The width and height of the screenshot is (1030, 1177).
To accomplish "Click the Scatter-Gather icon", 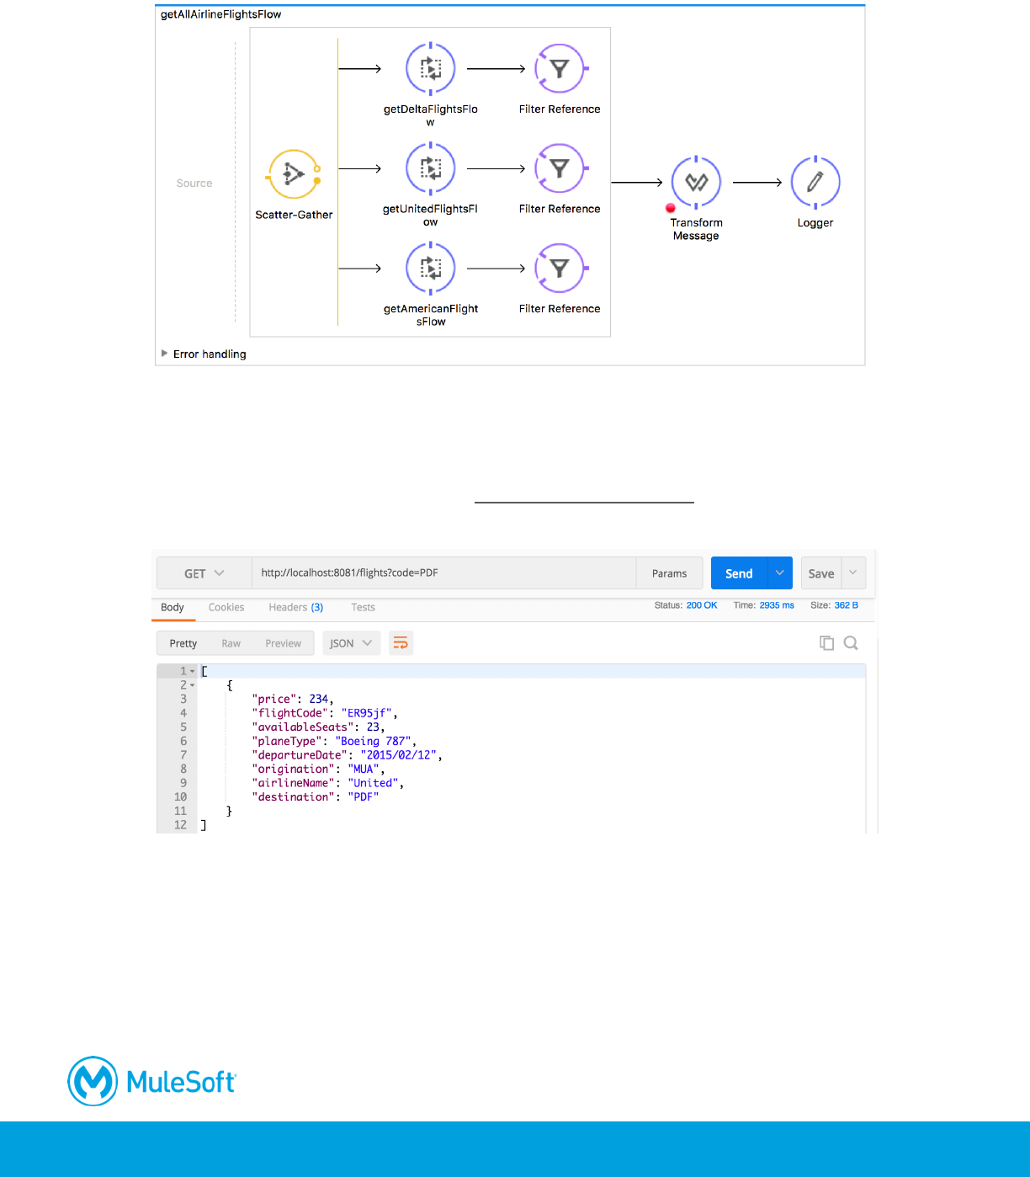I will pyautogui.click(x=294, y=175).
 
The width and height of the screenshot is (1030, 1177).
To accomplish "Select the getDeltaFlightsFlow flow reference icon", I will pyautogui.click(x=431, y=69).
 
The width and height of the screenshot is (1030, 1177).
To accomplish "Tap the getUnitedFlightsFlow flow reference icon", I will pyautogui.click(x=431, y=168).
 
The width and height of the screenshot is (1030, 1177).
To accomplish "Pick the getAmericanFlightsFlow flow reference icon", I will pyautogui.click(x=431, y=268).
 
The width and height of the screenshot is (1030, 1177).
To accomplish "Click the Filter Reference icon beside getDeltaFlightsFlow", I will pyautogui.click(x=560, y=69).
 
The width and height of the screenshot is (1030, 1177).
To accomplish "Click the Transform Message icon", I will pyautogui.click(x=696, y=182).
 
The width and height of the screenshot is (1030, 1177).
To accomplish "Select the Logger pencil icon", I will pyautogui.click(x=815, y=182).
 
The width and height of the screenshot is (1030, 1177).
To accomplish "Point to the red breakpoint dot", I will pyautogui.click(x=671, y=208).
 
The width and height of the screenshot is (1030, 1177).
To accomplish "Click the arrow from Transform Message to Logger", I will pyautogui.click(x=757, y=182).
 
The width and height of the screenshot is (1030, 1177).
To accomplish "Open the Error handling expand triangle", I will pyautogui.click(x=165, y=354).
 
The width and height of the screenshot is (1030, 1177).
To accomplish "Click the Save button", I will pyautogui.click(x=821, y=573).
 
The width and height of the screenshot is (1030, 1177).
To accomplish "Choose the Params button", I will pyautogui.click(x=669, y=573).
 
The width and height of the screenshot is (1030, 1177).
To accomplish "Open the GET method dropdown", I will pyautogui.click(x=204, y=573).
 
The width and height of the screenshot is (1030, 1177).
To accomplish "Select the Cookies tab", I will pyautogui.click(x=226, y=607).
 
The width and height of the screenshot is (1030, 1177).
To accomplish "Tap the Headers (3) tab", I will pyautogui.click(x=295, y=607).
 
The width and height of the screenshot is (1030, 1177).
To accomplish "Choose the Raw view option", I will pyautogui.click(x=231, y=643).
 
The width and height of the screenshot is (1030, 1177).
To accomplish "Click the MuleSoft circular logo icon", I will pyautogui.click(x=93, y=1081).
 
